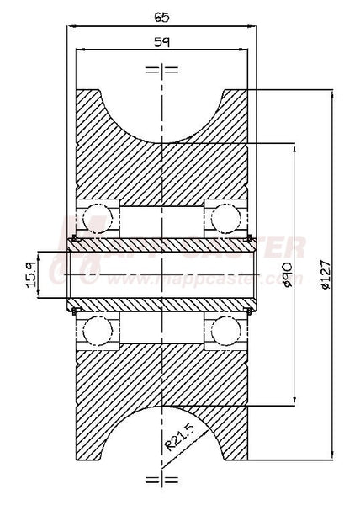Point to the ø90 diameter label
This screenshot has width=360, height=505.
coord(289,274)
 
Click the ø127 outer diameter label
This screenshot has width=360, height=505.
coord(327,274)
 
